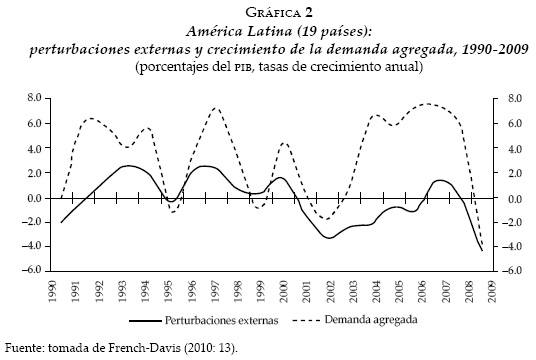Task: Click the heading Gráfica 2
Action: [268, 11]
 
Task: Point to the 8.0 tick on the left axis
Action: [32, 99]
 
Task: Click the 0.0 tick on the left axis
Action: [32, 198]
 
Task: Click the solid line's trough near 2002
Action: [328, 238]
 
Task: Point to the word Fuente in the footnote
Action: [23, 348]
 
